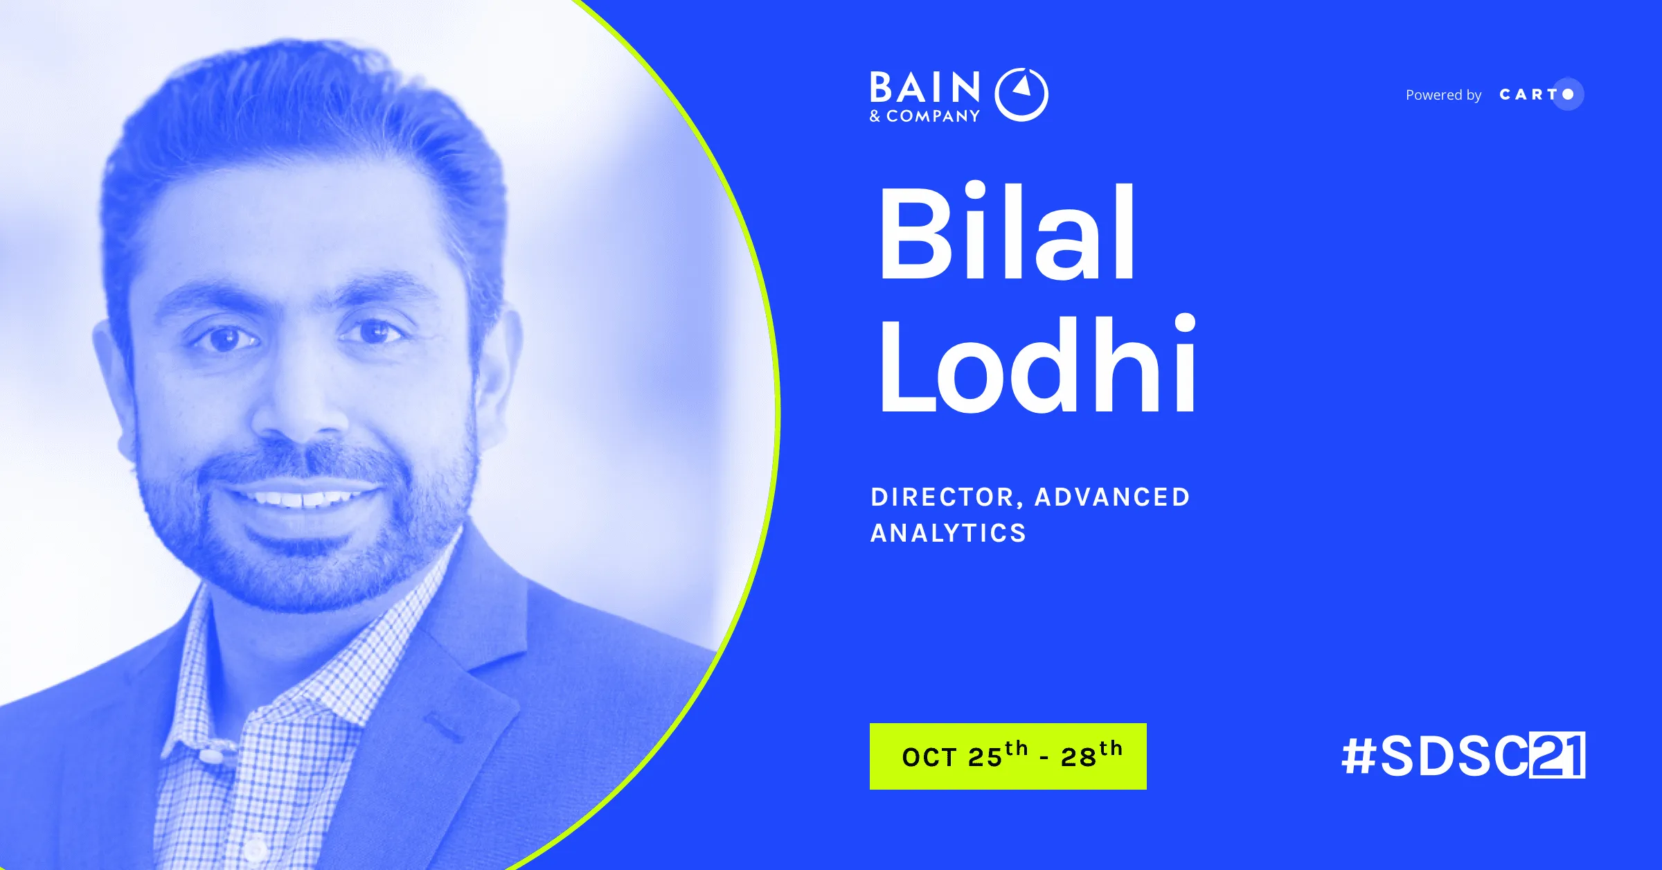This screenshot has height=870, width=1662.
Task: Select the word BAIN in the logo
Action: pyautogui.click(x=925, y=88)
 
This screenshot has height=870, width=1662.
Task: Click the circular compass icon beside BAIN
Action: pyautogui.click(x=1021, y=94)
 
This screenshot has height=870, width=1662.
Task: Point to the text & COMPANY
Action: pyautogui.click(x=925, y=116)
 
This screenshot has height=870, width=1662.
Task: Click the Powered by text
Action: pyautogui.click(x=1443, y=95)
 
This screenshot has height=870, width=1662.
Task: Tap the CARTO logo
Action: pyautogui.click(x=1540, y=94)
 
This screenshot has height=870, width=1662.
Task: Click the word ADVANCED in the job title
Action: pyautogui.click(x=1112, y=497)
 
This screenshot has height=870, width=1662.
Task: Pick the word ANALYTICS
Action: pyautogui.click(x=948, y=533)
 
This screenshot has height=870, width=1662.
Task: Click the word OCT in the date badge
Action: pyautogui.click(x=929, y=757)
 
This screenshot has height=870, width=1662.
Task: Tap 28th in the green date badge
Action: pyautogui.click(x=1091, y=754)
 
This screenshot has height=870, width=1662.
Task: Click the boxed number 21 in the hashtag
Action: pyautogui.click(x=1557, y=755)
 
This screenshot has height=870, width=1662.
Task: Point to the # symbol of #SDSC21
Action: pyautogui.click(x=1359, y=756)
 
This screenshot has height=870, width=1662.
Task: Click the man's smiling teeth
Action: pyautogui.click(x=303, y=498)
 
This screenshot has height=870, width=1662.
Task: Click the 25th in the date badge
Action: pyautogui.click(x=997, y=755)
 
